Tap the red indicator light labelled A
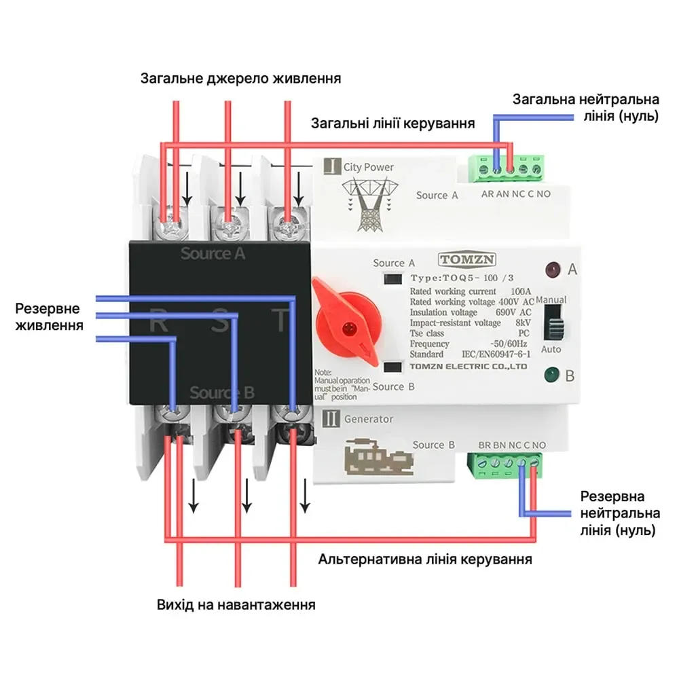[x=551, y=270]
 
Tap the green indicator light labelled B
[x=551, y=374]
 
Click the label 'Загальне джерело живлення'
[x=240, y=78]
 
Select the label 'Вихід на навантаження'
[x=236, y=604]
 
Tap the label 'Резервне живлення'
[x=50, y=316]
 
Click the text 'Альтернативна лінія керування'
[x=425, y=560]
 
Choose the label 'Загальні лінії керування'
[x=392, y=124]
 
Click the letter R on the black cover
[x=159, y=321]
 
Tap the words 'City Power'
[x=368, y=167]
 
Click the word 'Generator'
[x=368, y=419]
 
